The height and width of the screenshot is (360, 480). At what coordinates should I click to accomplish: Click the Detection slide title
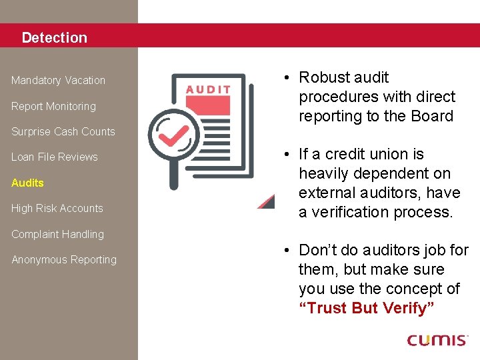(x=54, y=38)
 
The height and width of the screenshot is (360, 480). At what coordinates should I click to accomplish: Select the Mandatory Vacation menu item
(x=58, y=81)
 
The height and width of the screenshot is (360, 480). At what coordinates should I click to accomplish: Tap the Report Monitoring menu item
(x=53, y=106)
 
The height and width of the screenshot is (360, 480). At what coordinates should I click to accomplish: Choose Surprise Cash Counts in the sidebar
(x=63, y=132)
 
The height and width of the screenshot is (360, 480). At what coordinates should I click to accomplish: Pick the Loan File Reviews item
(x=55, y=157)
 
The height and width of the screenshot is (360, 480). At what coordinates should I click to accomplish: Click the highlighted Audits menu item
(x=27, y=183)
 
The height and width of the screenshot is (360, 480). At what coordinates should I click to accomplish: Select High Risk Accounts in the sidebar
(x=57, y=209)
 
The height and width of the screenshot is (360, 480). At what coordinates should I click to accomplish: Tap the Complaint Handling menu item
(x=57, y=234)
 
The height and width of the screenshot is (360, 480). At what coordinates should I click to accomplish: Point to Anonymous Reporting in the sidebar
(x=64, y=260)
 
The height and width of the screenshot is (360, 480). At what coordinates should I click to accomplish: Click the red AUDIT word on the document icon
(x=208, y=89)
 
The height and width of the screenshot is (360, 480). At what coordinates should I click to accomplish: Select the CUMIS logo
(x=437, y=340)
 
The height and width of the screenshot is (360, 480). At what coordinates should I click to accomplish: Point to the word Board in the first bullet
(x=433, y=116)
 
